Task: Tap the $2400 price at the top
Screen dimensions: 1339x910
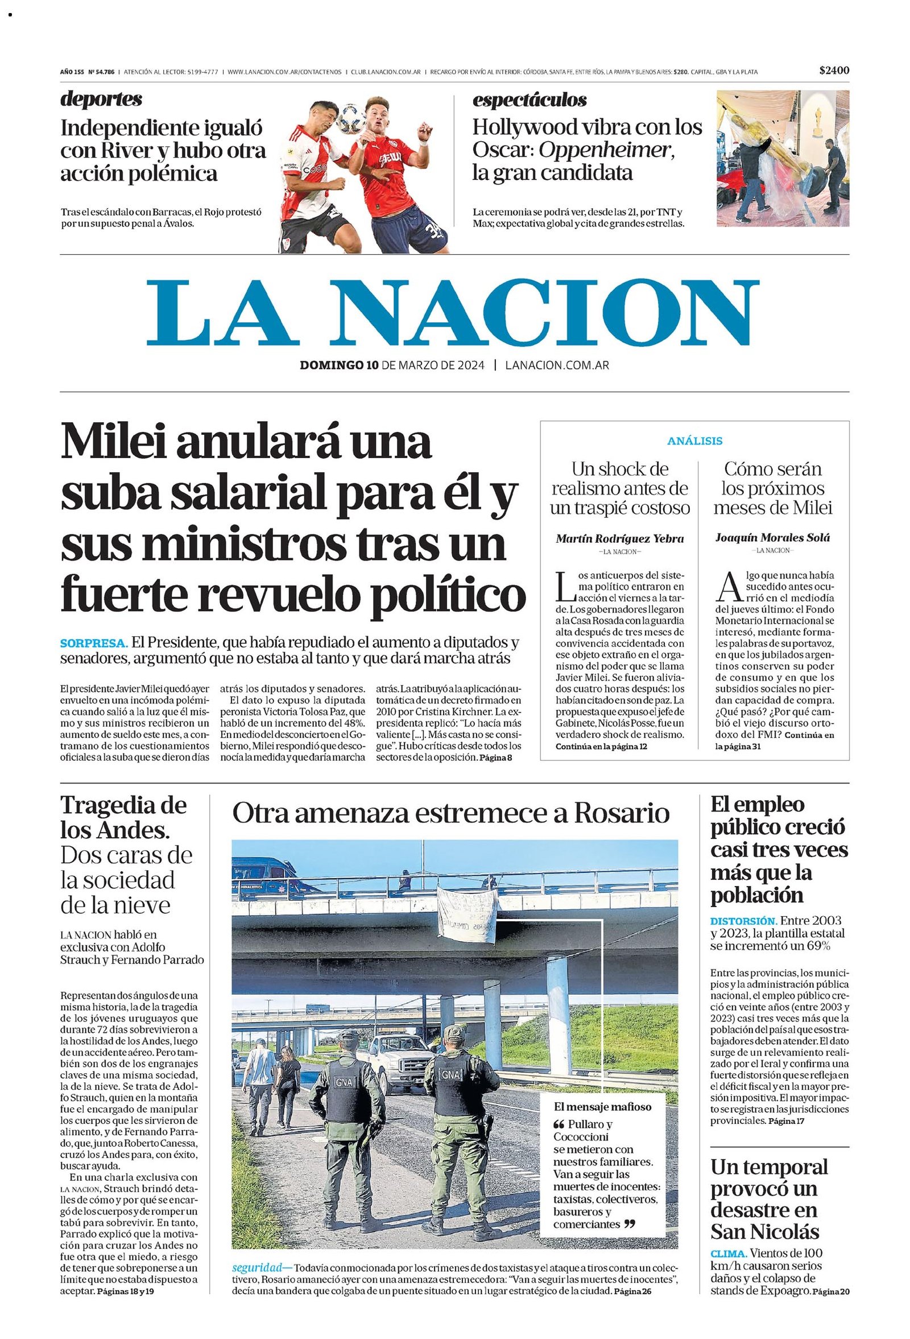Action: click(834, 71)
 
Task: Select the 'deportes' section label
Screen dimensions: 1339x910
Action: click(101, 99)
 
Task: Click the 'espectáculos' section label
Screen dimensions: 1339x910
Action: click(530, 100)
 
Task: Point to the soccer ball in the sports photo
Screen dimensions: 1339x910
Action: click(351, 118)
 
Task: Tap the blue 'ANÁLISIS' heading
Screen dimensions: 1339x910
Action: click(694, 441)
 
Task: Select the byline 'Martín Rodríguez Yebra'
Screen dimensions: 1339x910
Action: click(620, 539)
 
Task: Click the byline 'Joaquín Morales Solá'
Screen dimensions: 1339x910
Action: click(772, 538)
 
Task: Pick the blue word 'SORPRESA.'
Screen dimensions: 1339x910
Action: click(94, 643)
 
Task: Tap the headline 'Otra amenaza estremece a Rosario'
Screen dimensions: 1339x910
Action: click(450, 814)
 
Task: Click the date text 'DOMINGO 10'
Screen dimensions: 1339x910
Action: click(338, 365)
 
